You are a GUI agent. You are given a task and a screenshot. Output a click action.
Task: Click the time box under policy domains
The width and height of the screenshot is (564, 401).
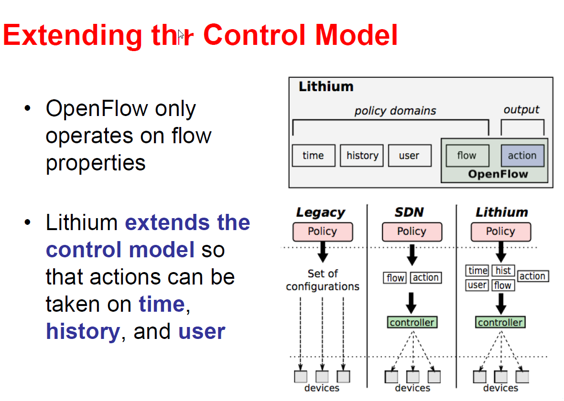[313, 156]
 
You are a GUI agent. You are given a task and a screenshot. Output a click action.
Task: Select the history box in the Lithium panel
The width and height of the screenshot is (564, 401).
[362, 156]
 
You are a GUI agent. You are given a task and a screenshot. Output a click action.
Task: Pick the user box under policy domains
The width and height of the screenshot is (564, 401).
[409, 156]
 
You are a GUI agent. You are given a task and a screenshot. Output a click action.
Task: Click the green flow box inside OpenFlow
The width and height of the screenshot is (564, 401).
[467, 156]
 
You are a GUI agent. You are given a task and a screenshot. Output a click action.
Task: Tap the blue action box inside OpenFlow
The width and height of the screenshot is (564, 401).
[522, 156]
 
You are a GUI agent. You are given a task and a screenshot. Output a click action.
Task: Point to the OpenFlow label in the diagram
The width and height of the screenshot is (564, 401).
[498, 174]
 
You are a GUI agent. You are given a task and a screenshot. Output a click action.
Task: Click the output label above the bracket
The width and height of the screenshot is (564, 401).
[521, 110]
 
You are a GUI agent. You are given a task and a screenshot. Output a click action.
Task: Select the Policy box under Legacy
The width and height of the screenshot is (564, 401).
[323, 232]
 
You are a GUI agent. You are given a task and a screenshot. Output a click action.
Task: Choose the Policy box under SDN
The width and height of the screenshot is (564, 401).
[412, 232]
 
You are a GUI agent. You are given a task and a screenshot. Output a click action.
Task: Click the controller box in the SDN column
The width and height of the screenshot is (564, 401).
[412, 323]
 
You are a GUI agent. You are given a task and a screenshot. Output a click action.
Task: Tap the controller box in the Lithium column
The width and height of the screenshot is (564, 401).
[500, 323]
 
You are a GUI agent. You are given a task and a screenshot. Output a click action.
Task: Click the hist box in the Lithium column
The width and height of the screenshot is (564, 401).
[503, 271]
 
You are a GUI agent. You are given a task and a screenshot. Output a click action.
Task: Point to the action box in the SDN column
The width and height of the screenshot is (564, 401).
[425, 277]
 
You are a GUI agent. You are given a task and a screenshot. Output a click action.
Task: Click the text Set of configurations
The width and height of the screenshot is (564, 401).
[323, 280]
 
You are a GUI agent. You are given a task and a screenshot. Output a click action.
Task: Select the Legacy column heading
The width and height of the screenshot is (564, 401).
[320, 212]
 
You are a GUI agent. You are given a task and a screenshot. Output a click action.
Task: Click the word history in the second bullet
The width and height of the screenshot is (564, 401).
[82, 331]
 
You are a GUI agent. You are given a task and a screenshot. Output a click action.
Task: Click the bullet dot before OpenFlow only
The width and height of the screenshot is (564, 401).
[28, 109]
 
